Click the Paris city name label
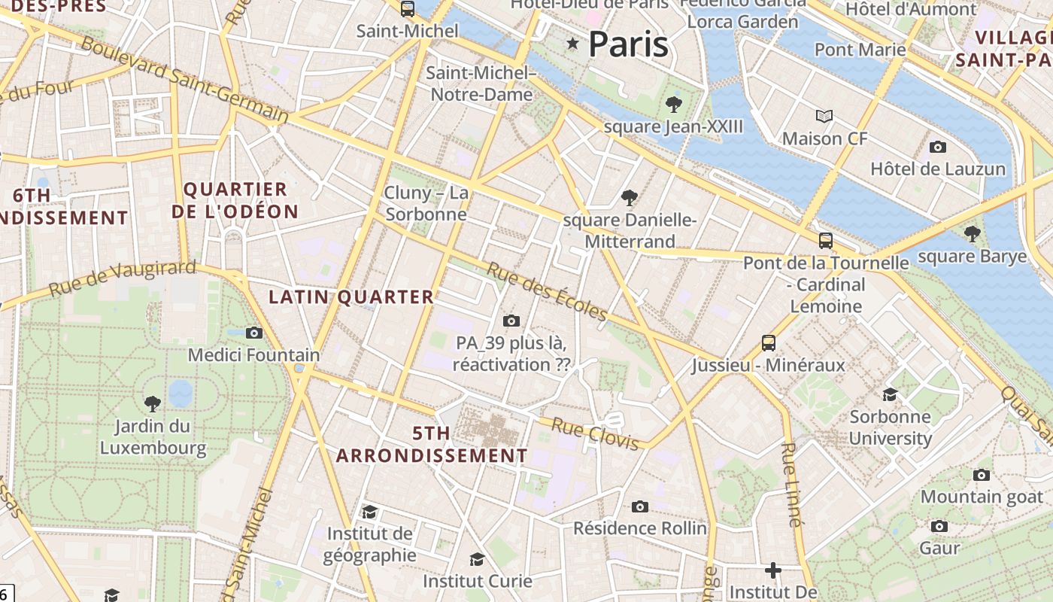(628, 44)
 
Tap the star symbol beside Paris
(573, 44)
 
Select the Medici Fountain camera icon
(254, 333)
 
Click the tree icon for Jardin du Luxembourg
(153, 404)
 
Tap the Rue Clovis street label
(595, 433)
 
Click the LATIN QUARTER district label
(351, 297)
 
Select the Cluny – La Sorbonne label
(426, 203)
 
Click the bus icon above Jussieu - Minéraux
(769, 343)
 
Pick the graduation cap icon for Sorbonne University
(890, 394)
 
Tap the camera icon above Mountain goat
(982, 475)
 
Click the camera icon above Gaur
(939, 526)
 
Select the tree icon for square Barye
(973, 234)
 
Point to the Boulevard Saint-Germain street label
(184, 80)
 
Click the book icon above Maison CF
(824, 117)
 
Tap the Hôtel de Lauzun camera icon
(937, 147)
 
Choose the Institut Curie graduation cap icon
(477, 559)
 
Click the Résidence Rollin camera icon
(640, 506)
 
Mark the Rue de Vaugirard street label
(123, 278)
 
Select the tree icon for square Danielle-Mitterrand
(630, 198)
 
